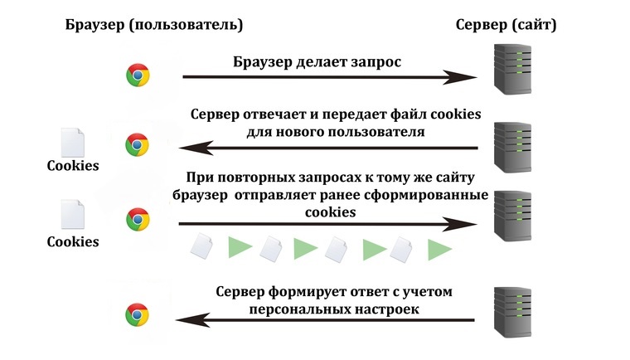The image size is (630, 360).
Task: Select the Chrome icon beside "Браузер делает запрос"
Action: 138,75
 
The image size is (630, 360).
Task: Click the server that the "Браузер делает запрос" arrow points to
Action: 511,70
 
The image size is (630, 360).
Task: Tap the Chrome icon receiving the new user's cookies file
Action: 138,144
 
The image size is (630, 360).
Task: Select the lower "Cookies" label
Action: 72,242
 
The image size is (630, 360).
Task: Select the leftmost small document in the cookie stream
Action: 202,246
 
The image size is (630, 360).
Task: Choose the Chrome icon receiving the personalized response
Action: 138,314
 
